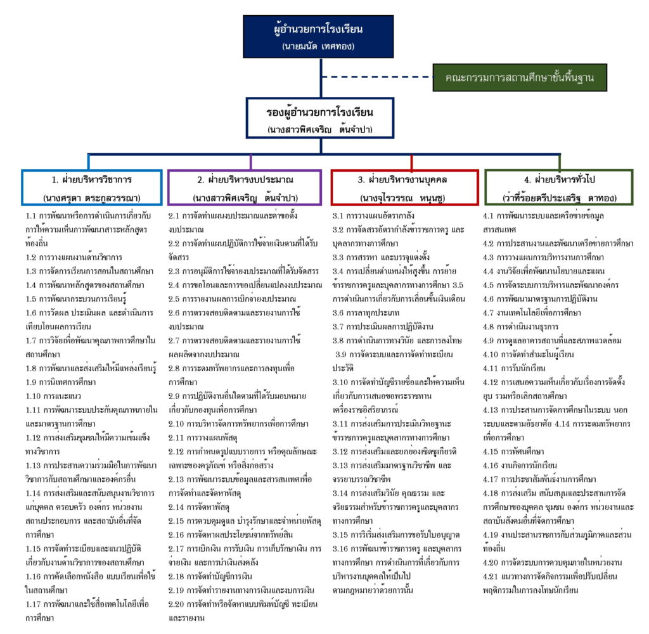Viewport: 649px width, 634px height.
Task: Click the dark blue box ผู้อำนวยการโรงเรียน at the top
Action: click(321, 37)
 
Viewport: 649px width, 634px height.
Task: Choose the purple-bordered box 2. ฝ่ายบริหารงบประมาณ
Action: click(245, 187)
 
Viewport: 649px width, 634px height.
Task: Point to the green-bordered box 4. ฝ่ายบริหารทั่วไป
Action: click(558, 187)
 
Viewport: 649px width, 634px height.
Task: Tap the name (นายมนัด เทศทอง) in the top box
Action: click(321, 46)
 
